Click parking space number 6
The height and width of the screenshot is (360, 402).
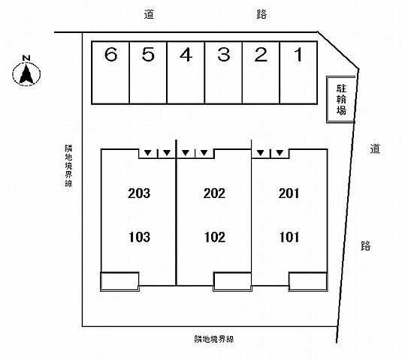pyautogui.click(x=110, y=73)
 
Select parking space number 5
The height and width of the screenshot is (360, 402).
pyautogui.click(x=148, y=73)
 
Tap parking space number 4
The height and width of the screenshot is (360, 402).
pyautogui.click(x=186, y=73)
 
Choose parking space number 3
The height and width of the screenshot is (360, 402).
pyautogui.click(x=223, y=73)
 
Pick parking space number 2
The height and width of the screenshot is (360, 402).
pyautogui.click(x=261, y=73)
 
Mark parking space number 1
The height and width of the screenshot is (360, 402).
pyautogui.click(x=298, y=73)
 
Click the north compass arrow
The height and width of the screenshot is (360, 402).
pyautogui.click(x=26, y=73)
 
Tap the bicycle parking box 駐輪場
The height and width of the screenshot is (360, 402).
pyautogui.click(x=341, y=99)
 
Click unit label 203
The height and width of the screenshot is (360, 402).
pyautogui.click(x=139, y=193)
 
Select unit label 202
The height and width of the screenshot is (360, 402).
pyautogui.click(x=215, y=193)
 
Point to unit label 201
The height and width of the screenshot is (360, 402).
pyautogui.click(x=289, y=193)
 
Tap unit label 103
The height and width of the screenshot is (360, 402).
pyautogui.click(x=139, y=237)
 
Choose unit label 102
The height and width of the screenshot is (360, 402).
pyautogui.click(x=215, y=237)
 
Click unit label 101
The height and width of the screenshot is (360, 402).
pyautogui.click(x=289, y=237)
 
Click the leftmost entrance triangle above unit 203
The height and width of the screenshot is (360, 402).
pyautogui.click(x=147, y=153)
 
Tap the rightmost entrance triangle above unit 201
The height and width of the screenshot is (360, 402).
pyautogui.click(x=280, y=153)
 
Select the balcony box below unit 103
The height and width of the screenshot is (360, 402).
pyautogui.click(x=119, y=282)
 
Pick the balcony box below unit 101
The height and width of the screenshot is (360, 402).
pyautogui.click(x=308, y=282)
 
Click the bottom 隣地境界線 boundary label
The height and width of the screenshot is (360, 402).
pyautogui.click(x=214, y=339)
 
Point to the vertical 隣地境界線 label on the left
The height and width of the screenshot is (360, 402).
pyautogui.click(x=68, y=166)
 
